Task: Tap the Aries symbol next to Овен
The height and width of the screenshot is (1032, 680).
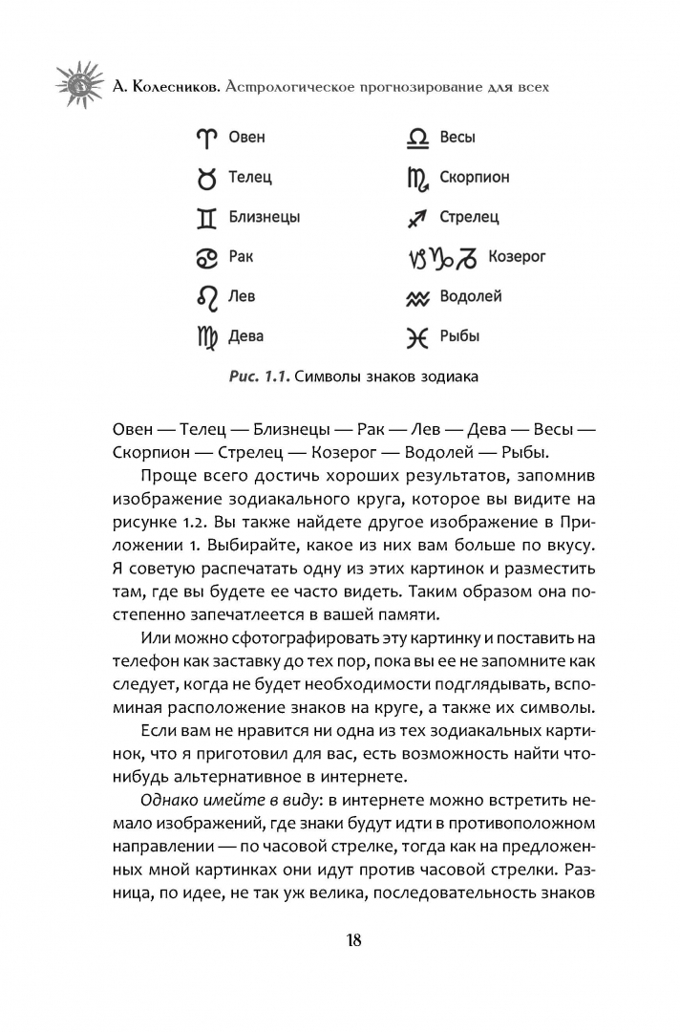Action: [x=207, y=138]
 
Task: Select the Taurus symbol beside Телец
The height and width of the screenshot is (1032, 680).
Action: [x=207, y=178]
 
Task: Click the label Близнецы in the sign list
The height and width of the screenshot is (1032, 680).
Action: [x=265, y=217]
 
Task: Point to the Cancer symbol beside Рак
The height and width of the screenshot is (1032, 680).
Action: [x=207, y=257]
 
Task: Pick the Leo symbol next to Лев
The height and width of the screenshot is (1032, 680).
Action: [x=207, y=297]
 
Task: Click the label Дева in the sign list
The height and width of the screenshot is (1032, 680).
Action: [x=246, y=336]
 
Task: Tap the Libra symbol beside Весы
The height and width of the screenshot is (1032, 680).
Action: [x=418, y=138]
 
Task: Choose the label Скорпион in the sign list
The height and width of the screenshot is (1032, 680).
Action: [x=475, y=178]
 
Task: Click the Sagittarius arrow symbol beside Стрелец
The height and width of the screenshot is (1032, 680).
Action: [x=417, y=218]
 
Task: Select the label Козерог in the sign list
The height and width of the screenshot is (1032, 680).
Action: [x=517, y=257]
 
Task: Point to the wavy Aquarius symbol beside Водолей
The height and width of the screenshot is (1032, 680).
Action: [x=417, y=297]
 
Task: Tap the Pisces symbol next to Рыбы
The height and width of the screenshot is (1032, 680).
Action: [x=417, y=336]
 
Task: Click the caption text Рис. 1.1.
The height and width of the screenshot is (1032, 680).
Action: [x=258, y=376]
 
